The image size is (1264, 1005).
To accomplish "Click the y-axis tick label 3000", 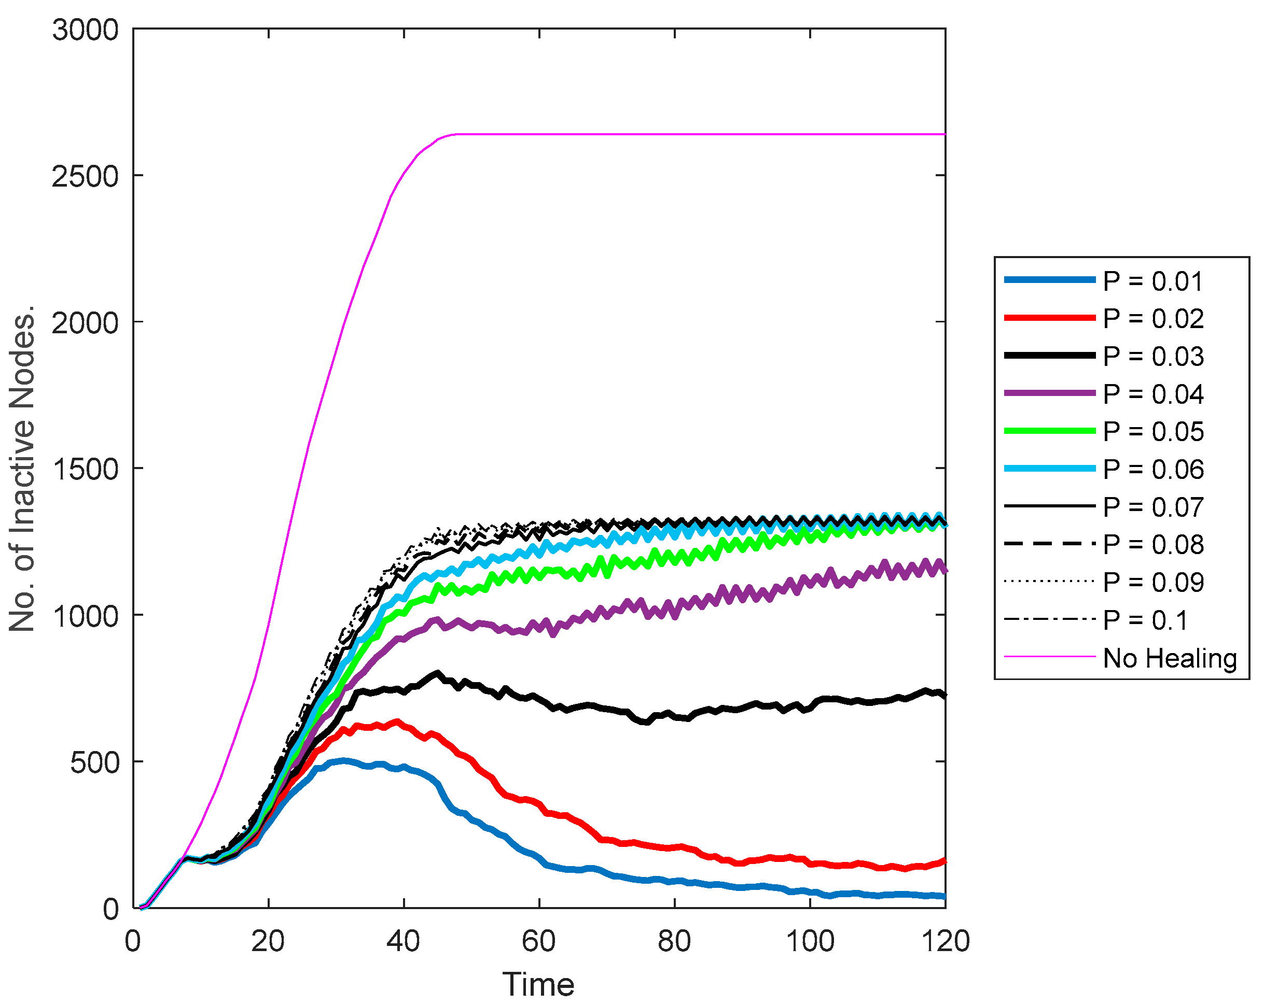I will point(86,30).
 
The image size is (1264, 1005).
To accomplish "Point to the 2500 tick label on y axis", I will point(86,176).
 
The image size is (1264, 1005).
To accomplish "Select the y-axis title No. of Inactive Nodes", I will point(22,468).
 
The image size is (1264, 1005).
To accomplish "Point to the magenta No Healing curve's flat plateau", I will point(703,134).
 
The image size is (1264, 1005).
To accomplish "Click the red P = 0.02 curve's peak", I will point(397,722).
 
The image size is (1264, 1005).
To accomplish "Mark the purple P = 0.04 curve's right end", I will point(944,569).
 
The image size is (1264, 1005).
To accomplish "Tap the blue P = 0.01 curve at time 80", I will point(675,881).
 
